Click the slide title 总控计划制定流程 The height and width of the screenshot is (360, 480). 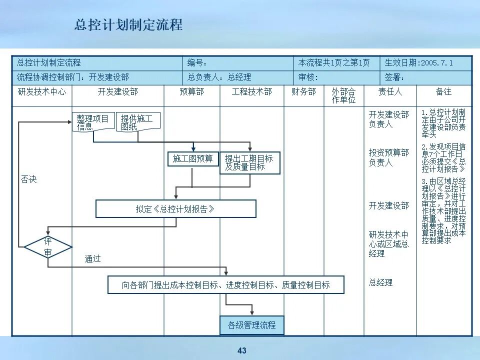[128, 25]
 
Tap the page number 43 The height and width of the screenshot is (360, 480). [242, 350]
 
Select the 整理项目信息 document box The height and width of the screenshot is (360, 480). [93, 122]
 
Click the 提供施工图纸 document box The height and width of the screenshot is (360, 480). [137, 122]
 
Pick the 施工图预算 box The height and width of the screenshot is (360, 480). [193, 159]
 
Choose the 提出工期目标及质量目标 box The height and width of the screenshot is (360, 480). [249, 162]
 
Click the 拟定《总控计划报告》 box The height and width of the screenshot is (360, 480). [175, 209]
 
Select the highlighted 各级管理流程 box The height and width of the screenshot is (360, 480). [252, 325]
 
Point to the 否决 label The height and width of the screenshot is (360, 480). [28, 179]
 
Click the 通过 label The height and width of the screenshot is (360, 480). [92, 258]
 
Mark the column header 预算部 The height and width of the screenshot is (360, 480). [192, 92]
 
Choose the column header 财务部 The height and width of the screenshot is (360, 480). [304, 92]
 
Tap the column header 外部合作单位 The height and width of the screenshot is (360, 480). [343, 95]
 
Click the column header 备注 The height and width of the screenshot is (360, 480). [443, 92]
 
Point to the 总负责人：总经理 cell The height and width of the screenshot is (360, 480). [219, 77]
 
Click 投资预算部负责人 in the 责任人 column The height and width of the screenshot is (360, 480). [389, 157]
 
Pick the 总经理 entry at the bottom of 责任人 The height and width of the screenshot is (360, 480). [381, 282]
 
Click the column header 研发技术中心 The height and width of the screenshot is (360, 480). [41, 92]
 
